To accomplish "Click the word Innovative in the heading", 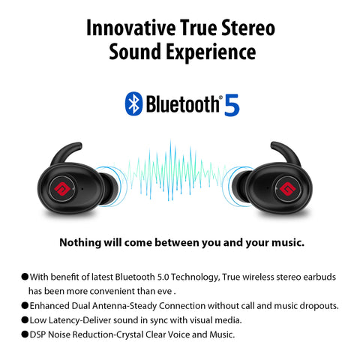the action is tap(130, 28).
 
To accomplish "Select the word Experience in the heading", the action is tap(211, 52).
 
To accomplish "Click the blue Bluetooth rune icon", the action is tap(133, 103).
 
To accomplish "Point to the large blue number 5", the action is tap(232, 105).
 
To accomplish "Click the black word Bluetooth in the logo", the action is tap(182, 103).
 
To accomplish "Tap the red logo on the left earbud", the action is tap(62, 188).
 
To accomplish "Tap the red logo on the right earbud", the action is tap(287, 189).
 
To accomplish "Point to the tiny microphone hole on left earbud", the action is tap(82, 187).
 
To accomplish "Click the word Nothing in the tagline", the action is tap(80, 243).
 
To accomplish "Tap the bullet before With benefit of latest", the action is tap(25, 277).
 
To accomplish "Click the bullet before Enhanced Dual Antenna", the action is tap(25, 305).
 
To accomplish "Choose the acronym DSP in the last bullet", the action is tap(37, 334).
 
